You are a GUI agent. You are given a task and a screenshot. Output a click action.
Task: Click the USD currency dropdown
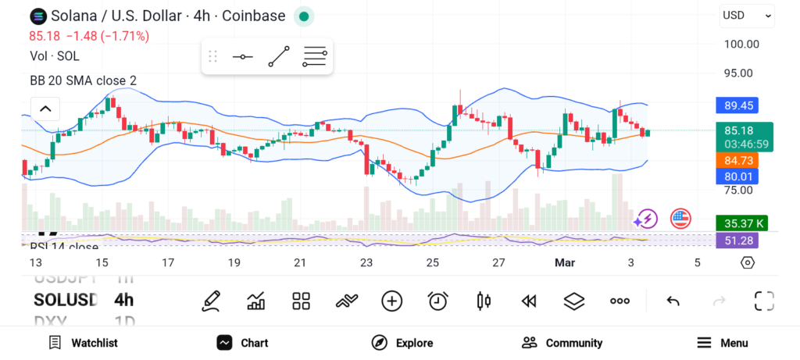(747, 15)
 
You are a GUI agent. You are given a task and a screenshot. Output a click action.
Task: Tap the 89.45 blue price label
(737, 105)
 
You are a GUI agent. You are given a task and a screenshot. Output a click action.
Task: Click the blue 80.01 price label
(737, 176)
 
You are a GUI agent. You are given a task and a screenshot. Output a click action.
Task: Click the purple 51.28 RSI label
(737, 241)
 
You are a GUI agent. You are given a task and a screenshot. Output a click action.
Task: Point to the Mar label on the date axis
(564, 263)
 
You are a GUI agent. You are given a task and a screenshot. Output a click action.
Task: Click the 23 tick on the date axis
(366, 263)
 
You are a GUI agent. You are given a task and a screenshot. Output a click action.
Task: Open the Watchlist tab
(84, 343)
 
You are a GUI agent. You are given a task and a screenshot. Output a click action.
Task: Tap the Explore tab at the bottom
(402, 343)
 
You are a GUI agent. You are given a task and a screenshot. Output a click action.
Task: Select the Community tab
(562, 343)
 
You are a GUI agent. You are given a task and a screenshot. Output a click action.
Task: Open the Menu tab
(723, 343)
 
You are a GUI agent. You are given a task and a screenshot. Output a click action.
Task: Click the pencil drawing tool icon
(210, 301)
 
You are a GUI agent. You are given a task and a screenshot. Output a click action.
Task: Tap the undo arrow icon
(673, 301)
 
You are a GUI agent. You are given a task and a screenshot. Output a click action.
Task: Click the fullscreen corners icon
(763, 301)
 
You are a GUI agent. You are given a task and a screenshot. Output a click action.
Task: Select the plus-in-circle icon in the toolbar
(391, 301)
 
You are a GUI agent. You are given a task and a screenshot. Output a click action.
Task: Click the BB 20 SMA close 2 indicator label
(83, 80)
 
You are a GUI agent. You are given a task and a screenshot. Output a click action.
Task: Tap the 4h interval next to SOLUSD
(123, 300)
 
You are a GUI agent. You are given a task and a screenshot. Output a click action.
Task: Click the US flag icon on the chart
(680, 219)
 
